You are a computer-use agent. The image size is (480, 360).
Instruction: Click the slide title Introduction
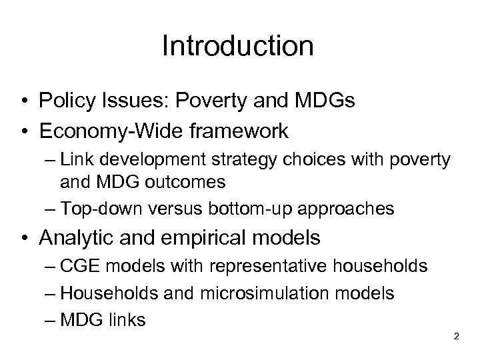click(237, 47)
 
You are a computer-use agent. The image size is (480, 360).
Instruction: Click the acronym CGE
click(78, 266)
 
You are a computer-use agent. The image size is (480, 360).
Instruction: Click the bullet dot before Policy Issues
click(24, 102)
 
